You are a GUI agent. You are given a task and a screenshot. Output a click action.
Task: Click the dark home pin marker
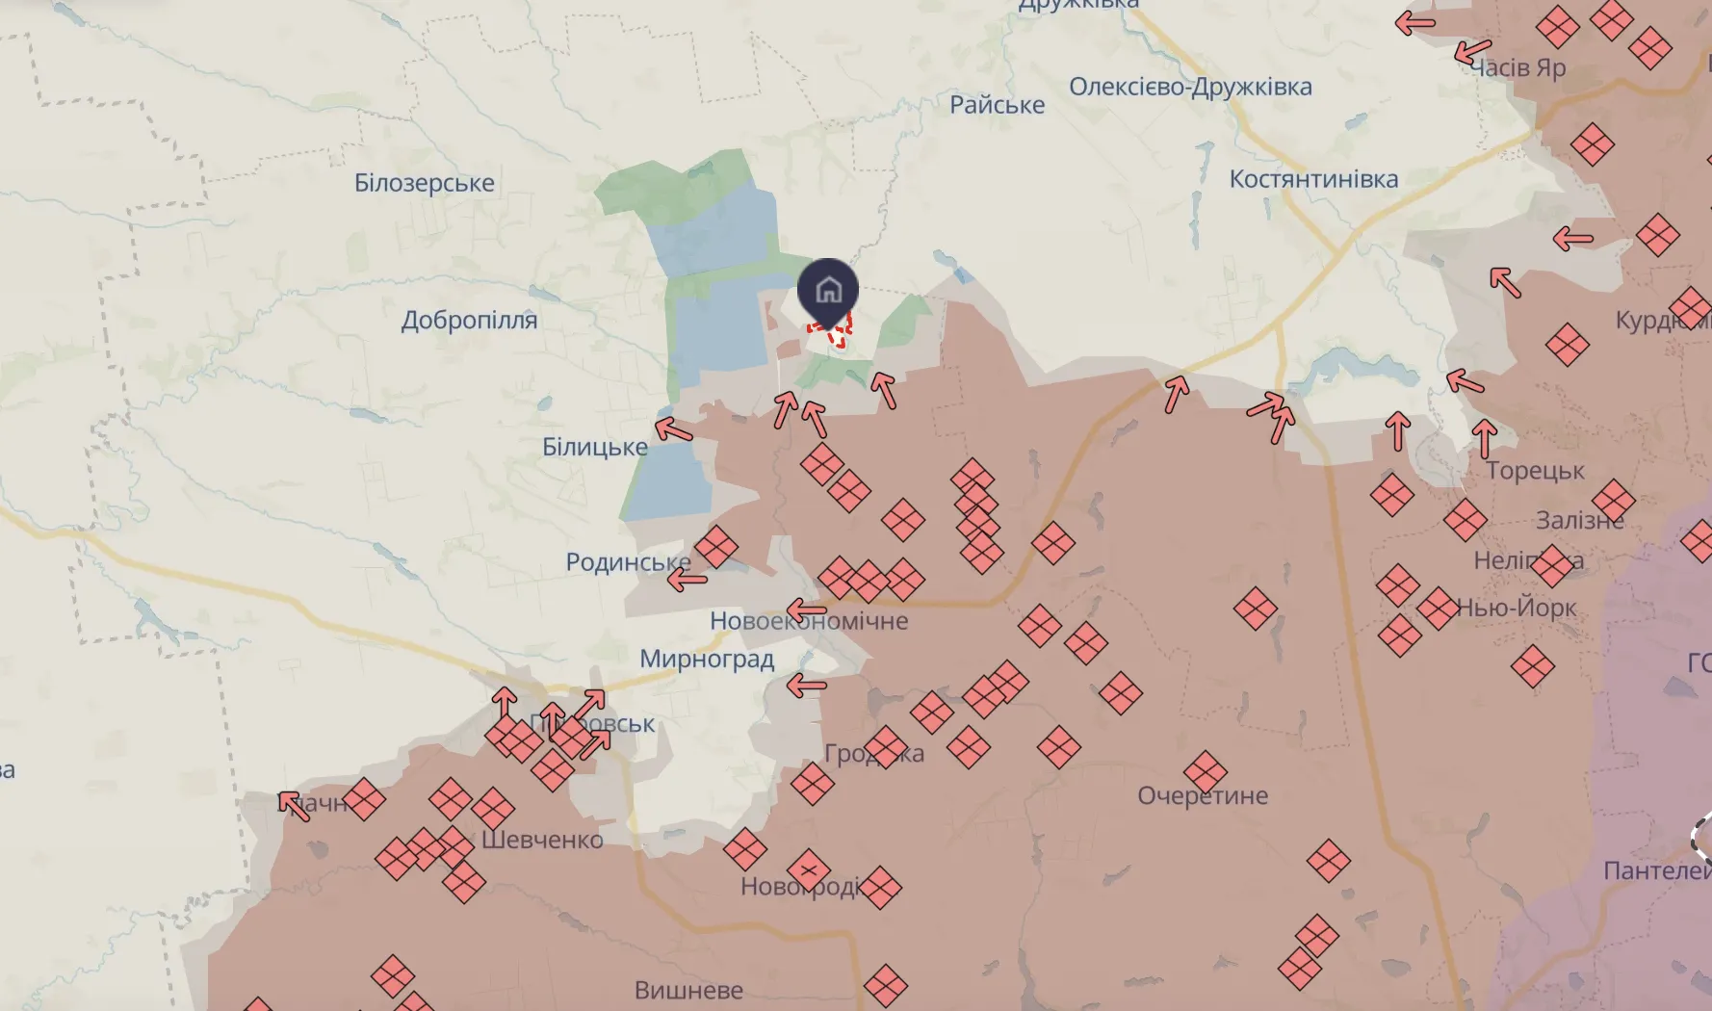[828, 289]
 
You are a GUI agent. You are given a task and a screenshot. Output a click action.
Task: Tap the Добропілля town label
[469, 320]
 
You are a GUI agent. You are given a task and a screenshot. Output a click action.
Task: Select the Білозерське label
[424, 183]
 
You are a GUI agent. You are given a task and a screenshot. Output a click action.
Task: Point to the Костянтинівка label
[1313, 179]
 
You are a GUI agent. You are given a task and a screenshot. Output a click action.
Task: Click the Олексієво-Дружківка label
[1190, 87]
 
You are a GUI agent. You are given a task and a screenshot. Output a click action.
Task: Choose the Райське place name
[997, 105]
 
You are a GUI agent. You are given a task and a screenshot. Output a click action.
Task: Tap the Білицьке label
[594, 448]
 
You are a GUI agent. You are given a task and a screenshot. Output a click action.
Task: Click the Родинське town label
[627, 562]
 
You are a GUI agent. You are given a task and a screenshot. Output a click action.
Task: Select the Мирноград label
[707, 660]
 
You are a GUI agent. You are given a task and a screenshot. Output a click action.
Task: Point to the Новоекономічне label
[809, 622]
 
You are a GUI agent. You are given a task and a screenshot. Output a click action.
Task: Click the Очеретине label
[1203, 796]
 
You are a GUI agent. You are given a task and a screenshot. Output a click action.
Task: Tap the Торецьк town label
[1535, 471]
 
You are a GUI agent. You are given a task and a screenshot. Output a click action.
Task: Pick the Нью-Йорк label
[1516, 608]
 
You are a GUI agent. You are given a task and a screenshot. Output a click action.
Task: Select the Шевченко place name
[542, 841]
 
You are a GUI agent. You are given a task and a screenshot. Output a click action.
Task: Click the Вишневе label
[688, 990]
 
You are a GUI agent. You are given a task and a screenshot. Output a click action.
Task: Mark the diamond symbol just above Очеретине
[1206, 771]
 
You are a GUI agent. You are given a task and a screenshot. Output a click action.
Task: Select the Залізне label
[1579, 521]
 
